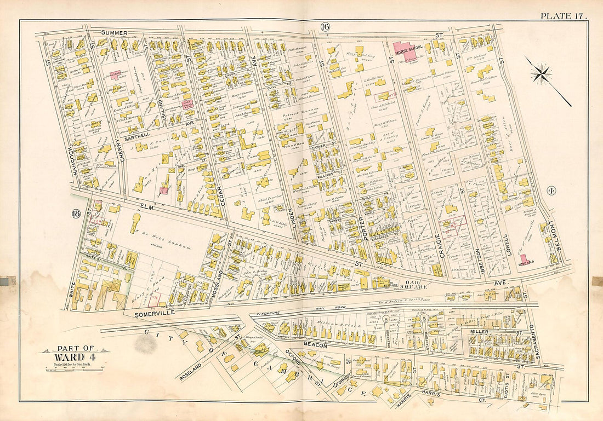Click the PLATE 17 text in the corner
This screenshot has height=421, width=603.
[x=564, y=15]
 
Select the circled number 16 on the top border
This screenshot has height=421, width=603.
[x=325, y=25]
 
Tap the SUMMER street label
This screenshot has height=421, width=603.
[x=114, y=33]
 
